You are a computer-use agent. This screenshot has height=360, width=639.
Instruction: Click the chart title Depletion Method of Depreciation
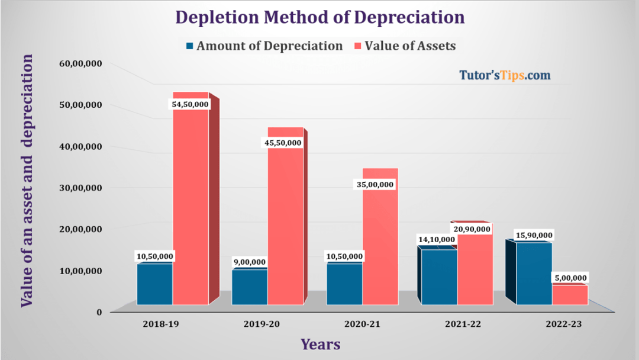320,17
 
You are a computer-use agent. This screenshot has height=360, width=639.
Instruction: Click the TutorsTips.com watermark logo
505,75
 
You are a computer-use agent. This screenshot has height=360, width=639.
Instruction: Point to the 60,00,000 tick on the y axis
80,63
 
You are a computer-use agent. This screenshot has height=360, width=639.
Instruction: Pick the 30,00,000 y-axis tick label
80,188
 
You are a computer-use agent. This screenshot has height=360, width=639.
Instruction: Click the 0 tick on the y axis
99,312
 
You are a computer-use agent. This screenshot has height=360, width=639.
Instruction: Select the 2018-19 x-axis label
161,324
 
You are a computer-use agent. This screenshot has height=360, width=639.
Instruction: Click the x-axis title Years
320,344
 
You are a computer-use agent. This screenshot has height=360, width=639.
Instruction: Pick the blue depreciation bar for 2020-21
344,284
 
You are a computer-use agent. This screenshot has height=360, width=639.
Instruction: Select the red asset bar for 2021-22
475,269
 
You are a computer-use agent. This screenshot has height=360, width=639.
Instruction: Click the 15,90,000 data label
534,235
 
